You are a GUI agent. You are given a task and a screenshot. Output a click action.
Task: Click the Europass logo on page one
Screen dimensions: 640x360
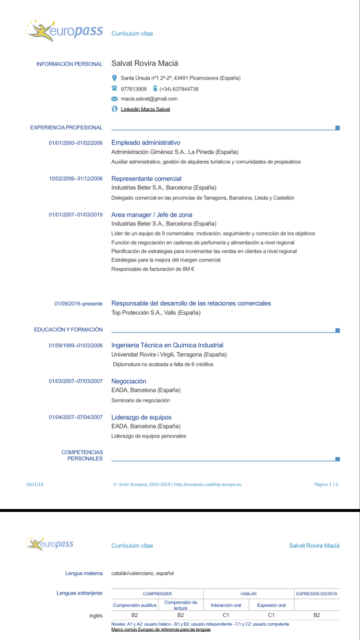click(64, 31)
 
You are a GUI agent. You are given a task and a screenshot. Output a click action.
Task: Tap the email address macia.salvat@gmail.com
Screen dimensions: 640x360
click(149, 99)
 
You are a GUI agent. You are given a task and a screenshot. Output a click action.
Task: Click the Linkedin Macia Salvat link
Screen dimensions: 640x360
click(145, 109)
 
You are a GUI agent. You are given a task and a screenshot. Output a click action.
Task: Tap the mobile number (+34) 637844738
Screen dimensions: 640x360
click(179, 89)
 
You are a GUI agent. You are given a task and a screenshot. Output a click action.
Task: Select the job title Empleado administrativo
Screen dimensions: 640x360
click(145, 142)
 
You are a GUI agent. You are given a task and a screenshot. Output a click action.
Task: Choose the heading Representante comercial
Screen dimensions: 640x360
click(146, 178)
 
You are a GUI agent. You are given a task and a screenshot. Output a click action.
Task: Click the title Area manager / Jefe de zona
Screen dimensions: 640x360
click(152, 214)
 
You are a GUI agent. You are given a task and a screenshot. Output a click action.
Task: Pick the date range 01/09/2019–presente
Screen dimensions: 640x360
click(78, 304)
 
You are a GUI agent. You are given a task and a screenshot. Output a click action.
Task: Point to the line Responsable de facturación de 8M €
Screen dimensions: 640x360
click(153, 269)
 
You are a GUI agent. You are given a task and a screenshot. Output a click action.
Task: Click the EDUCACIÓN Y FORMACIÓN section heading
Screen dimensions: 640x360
click(68, 330)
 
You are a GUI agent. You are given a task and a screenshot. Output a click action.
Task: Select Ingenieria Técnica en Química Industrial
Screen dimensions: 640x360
click(167, 345)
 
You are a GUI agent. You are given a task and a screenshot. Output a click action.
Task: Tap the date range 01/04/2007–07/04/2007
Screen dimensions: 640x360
click(76, 417)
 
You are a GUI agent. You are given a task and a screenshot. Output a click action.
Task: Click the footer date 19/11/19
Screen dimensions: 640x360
click(35, 485)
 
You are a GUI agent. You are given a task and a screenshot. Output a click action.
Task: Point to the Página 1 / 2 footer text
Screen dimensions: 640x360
click(326, 485)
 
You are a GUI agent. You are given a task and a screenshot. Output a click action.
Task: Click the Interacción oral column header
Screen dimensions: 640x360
click(226, 605)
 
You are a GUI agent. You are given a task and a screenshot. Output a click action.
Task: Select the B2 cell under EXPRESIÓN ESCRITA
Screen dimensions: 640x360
click(316, 615)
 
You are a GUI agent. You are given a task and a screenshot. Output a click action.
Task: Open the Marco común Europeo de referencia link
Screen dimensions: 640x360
click(161, 629)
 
